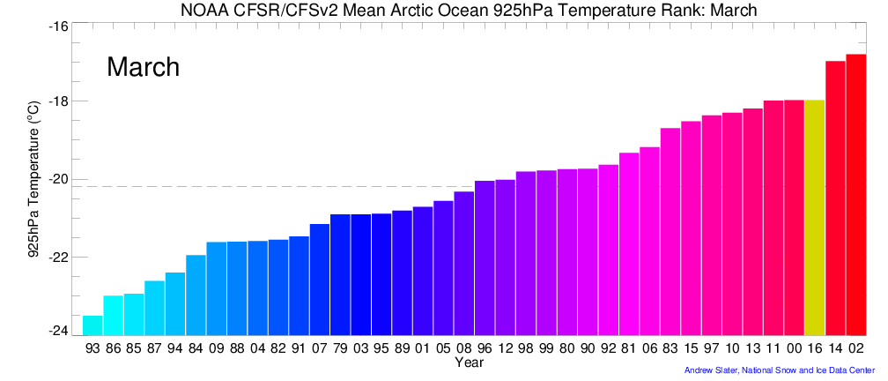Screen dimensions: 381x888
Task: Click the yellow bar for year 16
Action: (814, 217)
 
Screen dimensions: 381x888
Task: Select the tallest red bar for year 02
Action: (855, 194)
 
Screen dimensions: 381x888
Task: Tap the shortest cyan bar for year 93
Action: (92, 325)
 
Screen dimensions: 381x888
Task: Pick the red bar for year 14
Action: (835, 198)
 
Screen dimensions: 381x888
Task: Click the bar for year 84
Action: (196, 295)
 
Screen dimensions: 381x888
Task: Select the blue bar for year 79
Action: (339, 274)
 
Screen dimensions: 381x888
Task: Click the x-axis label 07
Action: (319, 348)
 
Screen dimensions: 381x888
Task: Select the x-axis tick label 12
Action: (505, 348)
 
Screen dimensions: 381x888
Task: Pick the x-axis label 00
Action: (794, 348)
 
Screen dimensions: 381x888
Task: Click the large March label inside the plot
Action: (143, 67)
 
